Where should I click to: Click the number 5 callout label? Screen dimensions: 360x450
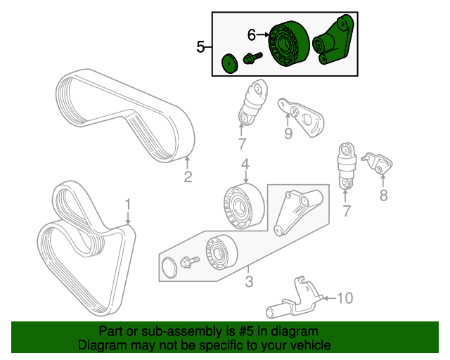200,47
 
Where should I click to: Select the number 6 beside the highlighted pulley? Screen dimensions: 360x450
252,34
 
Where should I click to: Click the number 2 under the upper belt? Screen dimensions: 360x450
188,176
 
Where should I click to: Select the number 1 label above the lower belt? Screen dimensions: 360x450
128,205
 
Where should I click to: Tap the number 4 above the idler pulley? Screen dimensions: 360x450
245,165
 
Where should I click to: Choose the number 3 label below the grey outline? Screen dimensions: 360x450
248,283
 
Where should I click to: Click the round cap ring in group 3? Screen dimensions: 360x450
169,267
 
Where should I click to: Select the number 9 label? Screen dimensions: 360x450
288,134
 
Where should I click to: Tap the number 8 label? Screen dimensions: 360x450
383,196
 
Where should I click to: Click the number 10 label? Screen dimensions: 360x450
344,298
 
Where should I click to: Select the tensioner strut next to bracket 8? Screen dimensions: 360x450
347,167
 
